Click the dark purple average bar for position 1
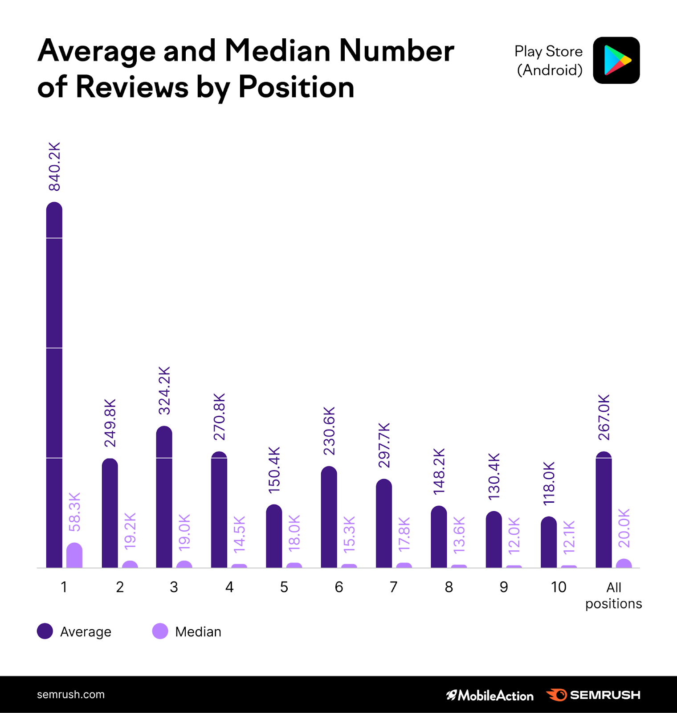54,385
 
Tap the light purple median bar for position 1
74,556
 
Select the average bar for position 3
164,497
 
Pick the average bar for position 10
549,542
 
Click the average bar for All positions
604,510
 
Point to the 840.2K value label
54,167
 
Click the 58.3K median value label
75,512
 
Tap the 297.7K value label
384,445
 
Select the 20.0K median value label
624,528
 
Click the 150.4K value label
274,470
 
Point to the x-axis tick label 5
284,587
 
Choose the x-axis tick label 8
449,587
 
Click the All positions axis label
613,595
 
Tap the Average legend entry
75,631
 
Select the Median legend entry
187,631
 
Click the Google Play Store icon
616,60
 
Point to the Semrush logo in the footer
593,695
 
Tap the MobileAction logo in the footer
489,695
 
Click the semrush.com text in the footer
71,695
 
